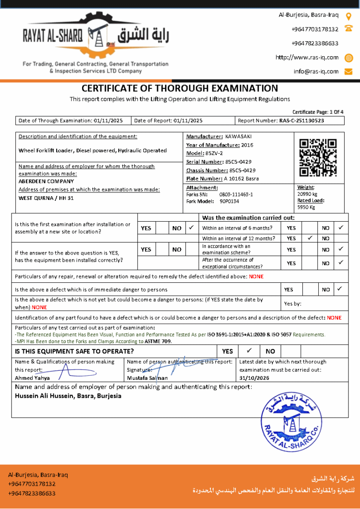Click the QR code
point(318,158)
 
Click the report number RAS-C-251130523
point(302,120)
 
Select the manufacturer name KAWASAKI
point(238,136)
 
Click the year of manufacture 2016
point(247,145)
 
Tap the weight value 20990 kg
point(307,194)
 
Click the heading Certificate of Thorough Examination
point(180,88)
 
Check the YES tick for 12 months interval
point(310,238)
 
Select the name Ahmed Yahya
point(32,378)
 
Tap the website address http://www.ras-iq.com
point(307,57)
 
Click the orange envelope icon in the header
point(349,71)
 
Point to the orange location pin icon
point(349,15)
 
